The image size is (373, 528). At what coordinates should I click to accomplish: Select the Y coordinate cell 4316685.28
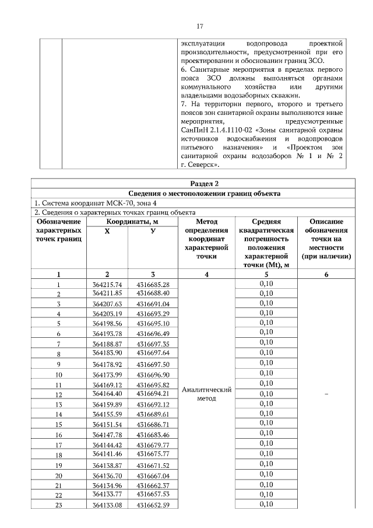[x=153, y=284]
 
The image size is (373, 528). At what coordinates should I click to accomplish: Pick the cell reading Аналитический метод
[x=207, y=394]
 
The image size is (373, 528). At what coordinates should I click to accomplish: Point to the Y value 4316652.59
[x=153, y=504]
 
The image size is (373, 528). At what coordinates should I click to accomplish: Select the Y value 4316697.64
[x=153, y=354]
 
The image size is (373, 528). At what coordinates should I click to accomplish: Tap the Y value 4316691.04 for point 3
[x=153, y=304]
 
